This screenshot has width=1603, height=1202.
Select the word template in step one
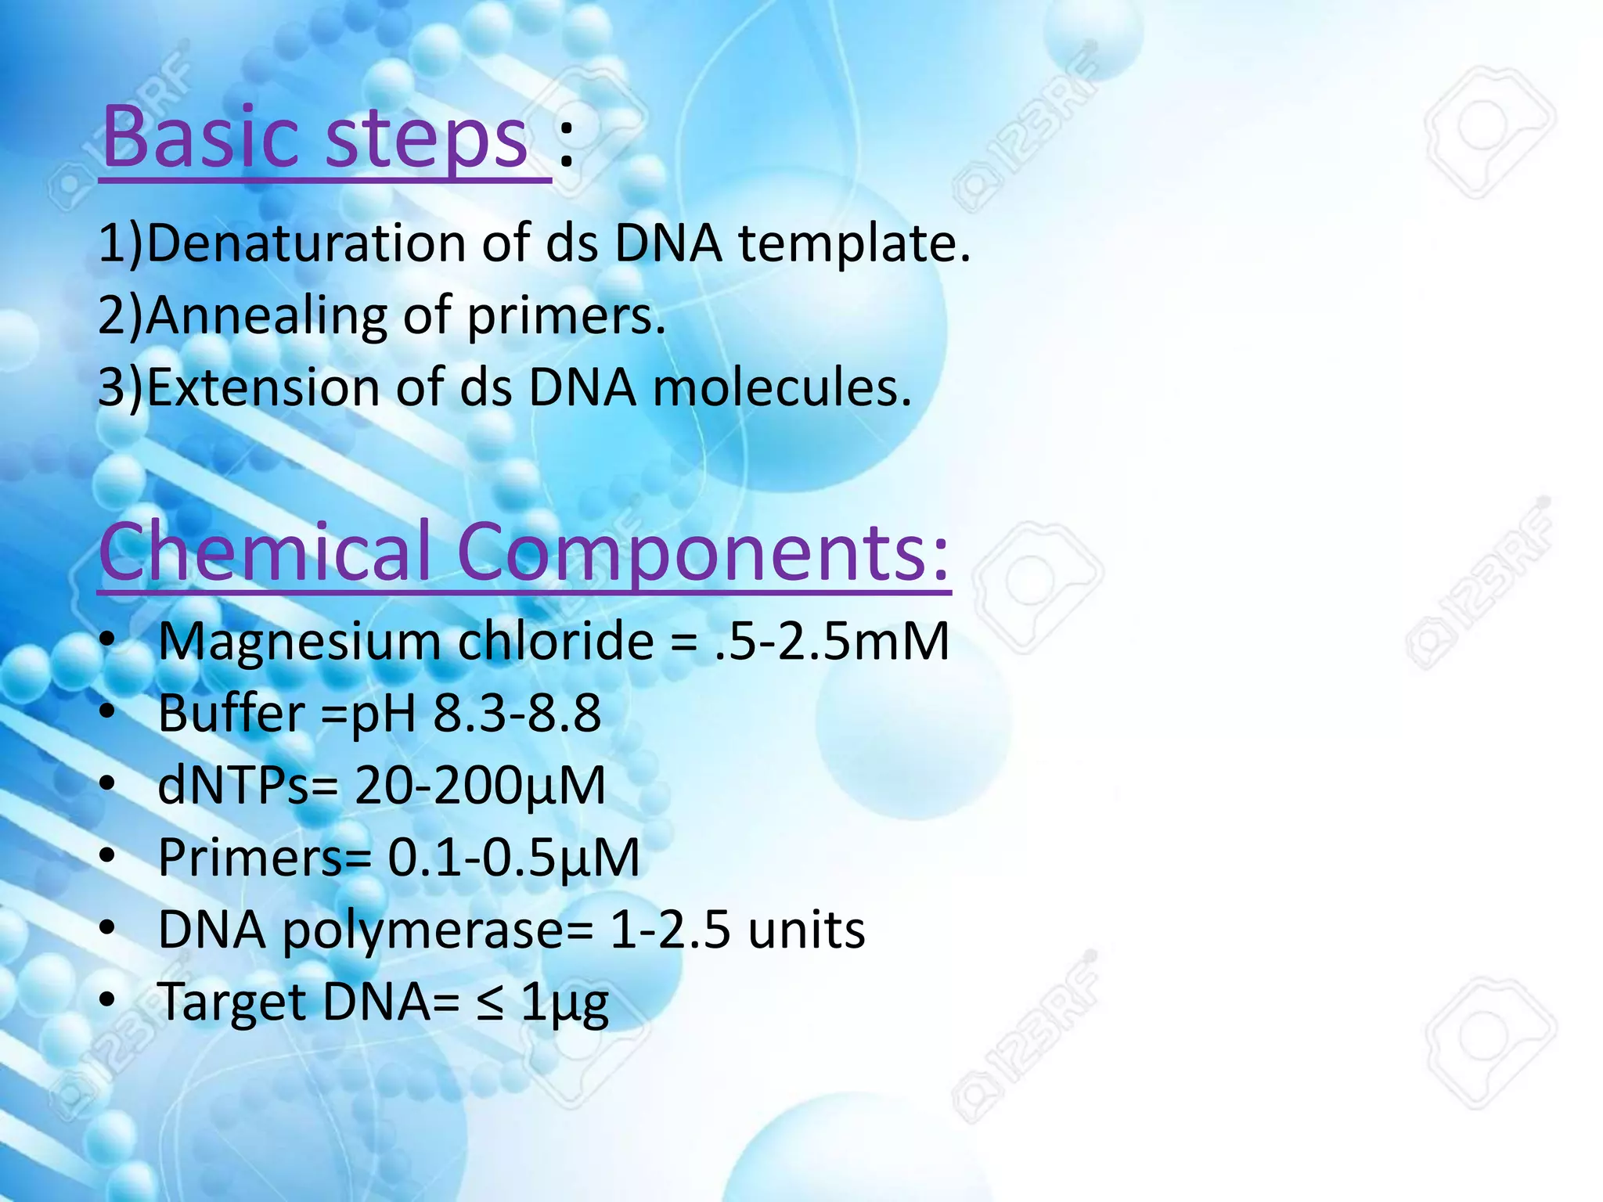point(854,244)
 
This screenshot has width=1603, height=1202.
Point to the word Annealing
point(265,315)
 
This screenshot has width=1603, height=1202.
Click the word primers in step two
point(565,317)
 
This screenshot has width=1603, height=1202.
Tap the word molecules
point(781,387)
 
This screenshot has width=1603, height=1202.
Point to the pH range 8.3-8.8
point(517,713)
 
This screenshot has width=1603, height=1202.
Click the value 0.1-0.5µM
point(513,858)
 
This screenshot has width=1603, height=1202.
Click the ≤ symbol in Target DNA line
point(490,1002)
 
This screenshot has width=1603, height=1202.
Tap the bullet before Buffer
point(108,712)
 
